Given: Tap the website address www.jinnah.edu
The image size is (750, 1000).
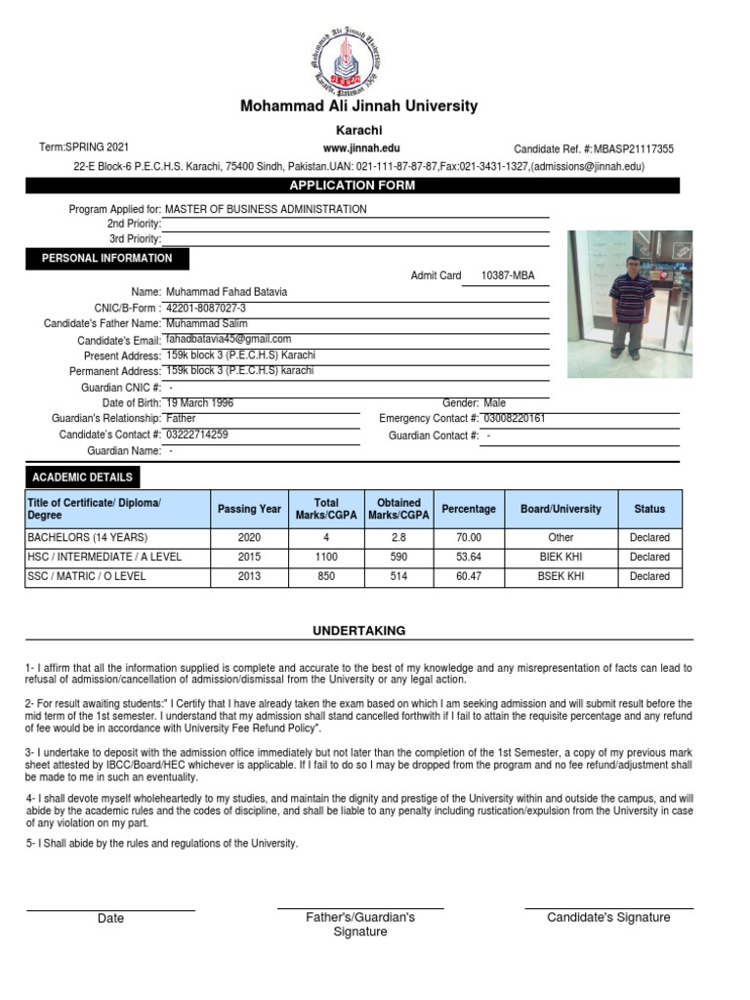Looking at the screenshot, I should click(x=361, y=147).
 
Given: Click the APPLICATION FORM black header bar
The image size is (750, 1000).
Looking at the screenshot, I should click(x=352, y=186).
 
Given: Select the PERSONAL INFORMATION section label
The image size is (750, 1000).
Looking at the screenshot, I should click(x=106, y=259).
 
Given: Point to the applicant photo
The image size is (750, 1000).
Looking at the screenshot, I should click(x=630, y=304).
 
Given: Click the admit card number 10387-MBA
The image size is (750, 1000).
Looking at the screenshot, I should click(x=508, y=275).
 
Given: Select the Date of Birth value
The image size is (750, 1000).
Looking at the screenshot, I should click(x=199, y=402).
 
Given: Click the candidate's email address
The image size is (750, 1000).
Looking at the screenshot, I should click(x=229, y=339).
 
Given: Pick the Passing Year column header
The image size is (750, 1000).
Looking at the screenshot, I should click(x=249, y=509).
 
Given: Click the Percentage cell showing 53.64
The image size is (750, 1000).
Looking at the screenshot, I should click(x=469, y=557).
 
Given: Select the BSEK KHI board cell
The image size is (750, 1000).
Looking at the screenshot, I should click(x=561, y=576).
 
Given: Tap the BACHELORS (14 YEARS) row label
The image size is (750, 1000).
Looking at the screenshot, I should click(x=87, y=537).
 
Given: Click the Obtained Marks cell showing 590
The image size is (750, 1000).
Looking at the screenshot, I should click(x=398, y=557).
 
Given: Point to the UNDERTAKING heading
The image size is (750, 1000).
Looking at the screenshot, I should click(x=358, y=631).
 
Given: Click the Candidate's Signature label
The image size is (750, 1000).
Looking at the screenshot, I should click(x=608, y=917).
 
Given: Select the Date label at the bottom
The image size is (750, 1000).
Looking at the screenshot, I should click(x=110, y=918).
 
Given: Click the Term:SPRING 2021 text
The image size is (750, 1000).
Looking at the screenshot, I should click(x=83, y=146).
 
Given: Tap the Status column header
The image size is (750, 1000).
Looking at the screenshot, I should click(x=649, y=509).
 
